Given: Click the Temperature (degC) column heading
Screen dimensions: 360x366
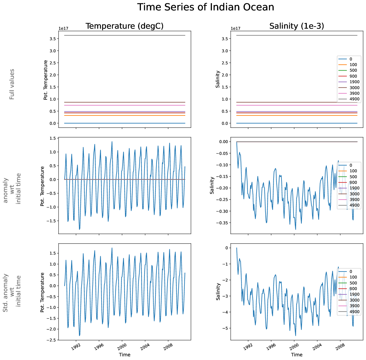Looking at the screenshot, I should click(x=124, y=26).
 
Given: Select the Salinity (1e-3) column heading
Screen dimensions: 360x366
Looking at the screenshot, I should click(x=297, y=26).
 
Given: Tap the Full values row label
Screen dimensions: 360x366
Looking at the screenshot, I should click(x=12, y=84).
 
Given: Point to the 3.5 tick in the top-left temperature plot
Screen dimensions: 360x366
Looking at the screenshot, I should click(x=52, y=39).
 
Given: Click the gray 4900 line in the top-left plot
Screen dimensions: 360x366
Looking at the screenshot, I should click(x=125, y=35).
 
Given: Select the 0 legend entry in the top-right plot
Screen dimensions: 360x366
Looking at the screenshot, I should click(x=351, y=59).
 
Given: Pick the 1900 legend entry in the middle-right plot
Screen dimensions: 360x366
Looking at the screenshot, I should click(x=354, y=188).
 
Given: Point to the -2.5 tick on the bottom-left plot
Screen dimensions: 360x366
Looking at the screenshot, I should click(x=51, y=340).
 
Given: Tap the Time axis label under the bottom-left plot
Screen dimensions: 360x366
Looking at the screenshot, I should click(x=125, y=355).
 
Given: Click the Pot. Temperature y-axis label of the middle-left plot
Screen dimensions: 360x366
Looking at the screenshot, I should click(x=43, y=186).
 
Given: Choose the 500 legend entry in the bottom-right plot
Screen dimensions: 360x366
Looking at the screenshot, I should click(x=353, y=283).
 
